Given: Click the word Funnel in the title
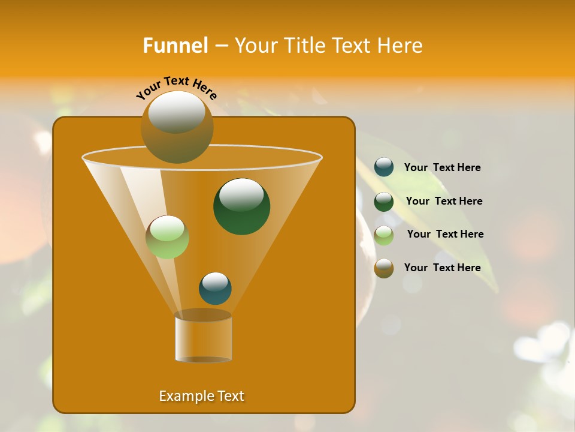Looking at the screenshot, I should [175, 46].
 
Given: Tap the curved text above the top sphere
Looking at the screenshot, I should [177, 87].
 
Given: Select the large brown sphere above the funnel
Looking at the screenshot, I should [177, 127].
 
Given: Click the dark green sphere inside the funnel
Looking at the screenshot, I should [242, 207].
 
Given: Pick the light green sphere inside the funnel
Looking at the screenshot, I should [168, 237].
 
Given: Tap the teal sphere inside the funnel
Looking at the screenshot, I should [216, 289].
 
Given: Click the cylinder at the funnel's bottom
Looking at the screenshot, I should [203, 337].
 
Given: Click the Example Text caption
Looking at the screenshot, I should [202, 396].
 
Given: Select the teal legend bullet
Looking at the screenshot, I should [384, 167].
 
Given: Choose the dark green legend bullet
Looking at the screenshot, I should [384, 201].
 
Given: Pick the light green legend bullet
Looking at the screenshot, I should [384, 235].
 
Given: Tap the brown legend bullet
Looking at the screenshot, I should [384, 268].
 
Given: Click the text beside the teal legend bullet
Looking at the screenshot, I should [443, 167].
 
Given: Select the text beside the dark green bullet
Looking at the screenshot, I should [444, 201].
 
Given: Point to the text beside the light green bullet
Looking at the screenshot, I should [445, 234].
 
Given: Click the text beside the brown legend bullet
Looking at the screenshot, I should [443, 268].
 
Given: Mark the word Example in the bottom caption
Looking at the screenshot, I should [184, 396].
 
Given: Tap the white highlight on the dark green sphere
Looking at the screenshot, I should [242, 194].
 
